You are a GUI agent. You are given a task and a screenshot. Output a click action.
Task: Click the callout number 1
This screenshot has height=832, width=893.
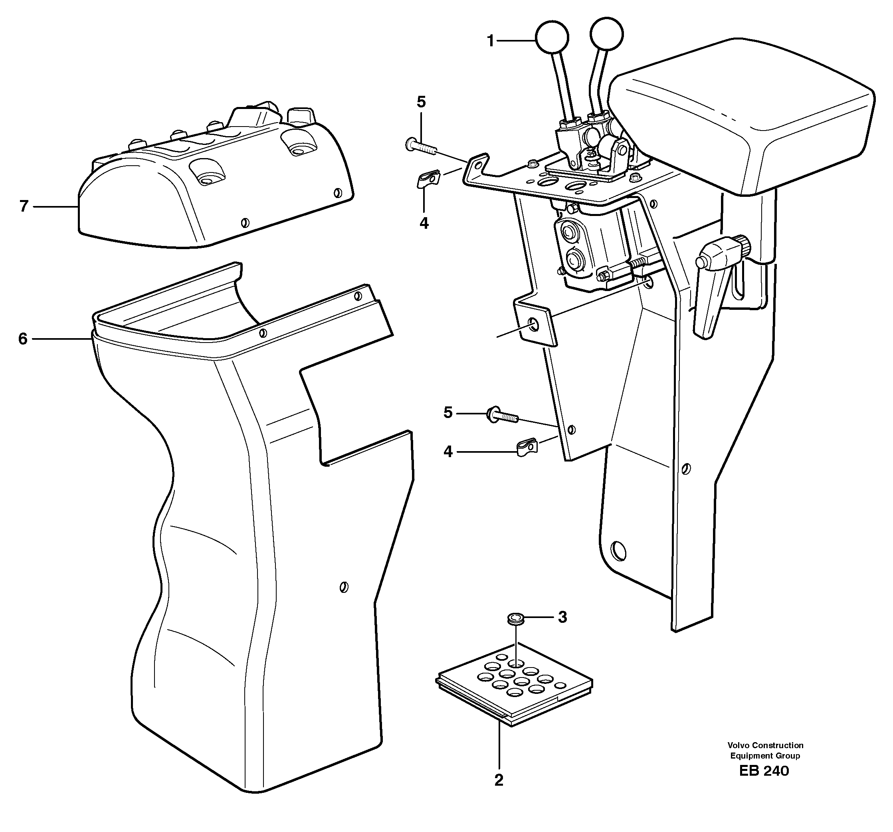click(x=491, y=42)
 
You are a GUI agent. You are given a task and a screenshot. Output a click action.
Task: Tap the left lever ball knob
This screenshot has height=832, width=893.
click(x=551, y=37)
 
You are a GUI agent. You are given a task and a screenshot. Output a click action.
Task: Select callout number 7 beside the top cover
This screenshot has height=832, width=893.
click(x=24, y=206)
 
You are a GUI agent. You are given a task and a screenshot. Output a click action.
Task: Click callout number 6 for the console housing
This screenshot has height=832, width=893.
click(x=23, y=339)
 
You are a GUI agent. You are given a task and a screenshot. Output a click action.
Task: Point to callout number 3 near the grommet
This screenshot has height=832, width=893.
click(x=562, y=617)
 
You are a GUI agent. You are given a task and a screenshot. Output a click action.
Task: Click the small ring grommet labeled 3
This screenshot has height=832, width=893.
click(x=513, y=620)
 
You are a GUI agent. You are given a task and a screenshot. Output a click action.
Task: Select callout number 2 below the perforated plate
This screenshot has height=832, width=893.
click(x=499, y=780)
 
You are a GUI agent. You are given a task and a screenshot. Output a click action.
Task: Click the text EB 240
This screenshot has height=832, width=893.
click(x=764, y=771)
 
